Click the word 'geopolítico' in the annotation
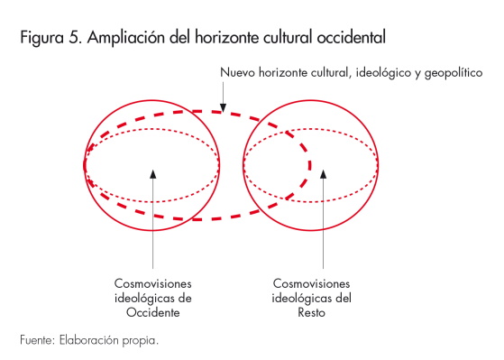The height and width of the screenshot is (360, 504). pos(456,71)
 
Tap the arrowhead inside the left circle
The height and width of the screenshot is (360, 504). pos(154,172)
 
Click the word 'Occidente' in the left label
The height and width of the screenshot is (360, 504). pos(154,312)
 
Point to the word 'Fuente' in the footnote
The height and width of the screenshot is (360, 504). pos(35,340)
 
